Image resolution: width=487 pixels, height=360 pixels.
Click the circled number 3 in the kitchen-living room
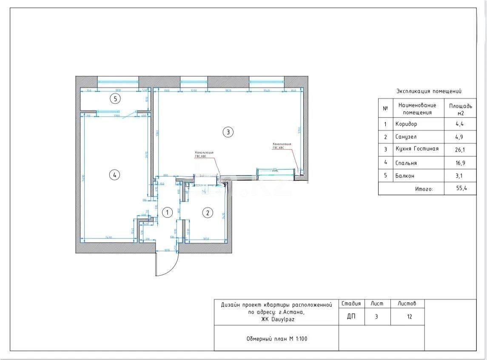click(228, 132)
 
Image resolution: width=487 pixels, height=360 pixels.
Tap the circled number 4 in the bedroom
click(114, 174)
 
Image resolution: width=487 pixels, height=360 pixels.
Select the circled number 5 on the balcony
click(115, 99)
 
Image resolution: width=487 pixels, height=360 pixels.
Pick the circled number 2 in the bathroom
click(207, 212)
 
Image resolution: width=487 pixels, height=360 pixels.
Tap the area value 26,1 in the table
click(460, 149)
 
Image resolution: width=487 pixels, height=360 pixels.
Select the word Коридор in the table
click(406, 124)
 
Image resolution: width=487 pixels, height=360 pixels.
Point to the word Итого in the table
click(424, 189)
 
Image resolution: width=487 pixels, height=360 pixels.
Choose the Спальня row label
click(406, 163)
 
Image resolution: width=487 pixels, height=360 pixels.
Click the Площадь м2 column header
click(460, 109)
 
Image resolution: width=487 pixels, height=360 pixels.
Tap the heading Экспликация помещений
click(429, 91)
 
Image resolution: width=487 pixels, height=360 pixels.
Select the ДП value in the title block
click(351, 317)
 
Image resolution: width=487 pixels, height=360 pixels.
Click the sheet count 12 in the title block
click(409, 317)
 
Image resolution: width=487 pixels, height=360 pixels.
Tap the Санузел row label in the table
click(406, 137)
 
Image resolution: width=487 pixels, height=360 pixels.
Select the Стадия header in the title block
click(351, 303)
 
